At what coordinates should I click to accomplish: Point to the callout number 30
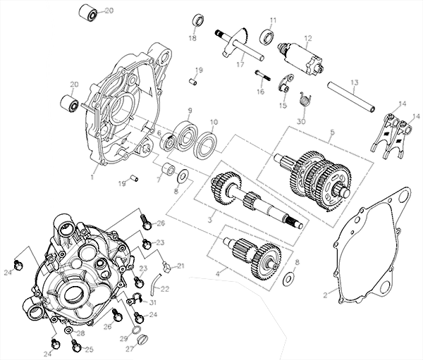pos(302,121)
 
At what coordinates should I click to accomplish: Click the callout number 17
pos(240,65)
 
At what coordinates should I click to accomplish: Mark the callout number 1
pos(93,169)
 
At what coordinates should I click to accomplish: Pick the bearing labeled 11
pos(268,34)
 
